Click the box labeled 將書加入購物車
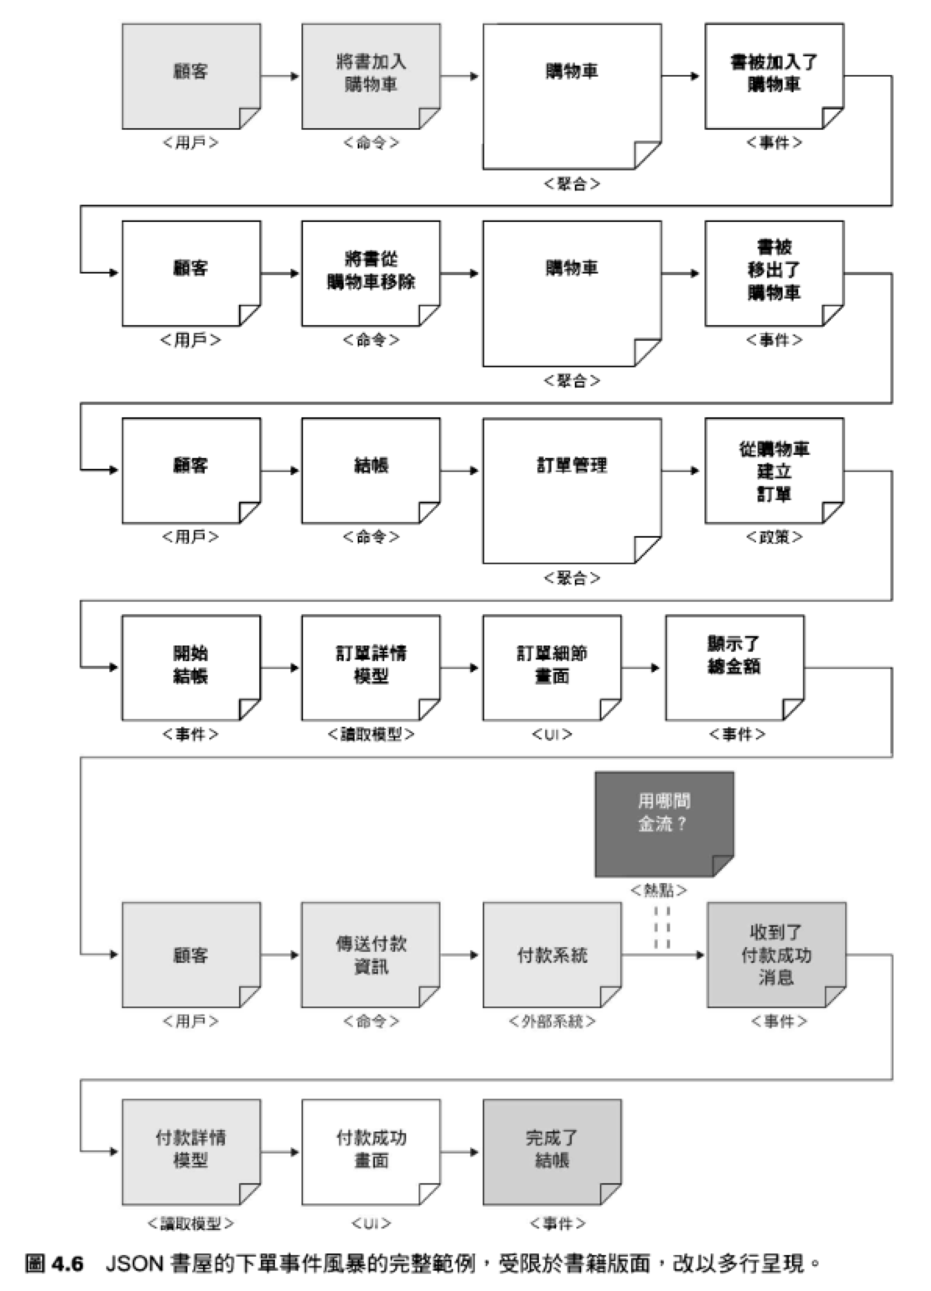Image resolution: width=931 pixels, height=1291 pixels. click(x=370, y=75)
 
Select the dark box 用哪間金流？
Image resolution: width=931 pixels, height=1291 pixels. click(x=663, y=822)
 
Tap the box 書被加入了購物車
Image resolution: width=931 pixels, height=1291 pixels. click(x=773, y=75)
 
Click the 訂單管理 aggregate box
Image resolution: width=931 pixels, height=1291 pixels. click(x=571, y=489)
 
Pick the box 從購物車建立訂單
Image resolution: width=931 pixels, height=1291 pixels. click(x=773, y=470)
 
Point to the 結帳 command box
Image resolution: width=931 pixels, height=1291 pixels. click(x=370, y=470)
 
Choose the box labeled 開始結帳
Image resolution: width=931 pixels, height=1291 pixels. click(x=191, y=667)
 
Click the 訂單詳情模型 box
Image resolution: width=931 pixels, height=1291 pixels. click(x=370, y=667)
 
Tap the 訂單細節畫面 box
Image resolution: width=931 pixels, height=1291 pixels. click(x=551, y=667)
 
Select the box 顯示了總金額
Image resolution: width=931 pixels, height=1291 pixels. click(x=733, y=667)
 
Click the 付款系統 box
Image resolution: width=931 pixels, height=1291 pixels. click(x=551, y=954)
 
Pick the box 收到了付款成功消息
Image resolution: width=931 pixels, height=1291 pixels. click(x=776, y=954)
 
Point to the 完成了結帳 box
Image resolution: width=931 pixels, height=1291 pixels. click(x=551, y=1151)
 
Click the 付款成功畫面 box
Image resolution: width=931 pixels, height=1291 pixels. click(x=370, y=1151)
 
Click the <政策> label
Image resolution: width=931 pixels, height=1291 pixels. click(x=773, y=537)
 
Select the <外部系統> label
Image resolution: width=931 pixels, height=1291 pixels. click(x=551, y=1021)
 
